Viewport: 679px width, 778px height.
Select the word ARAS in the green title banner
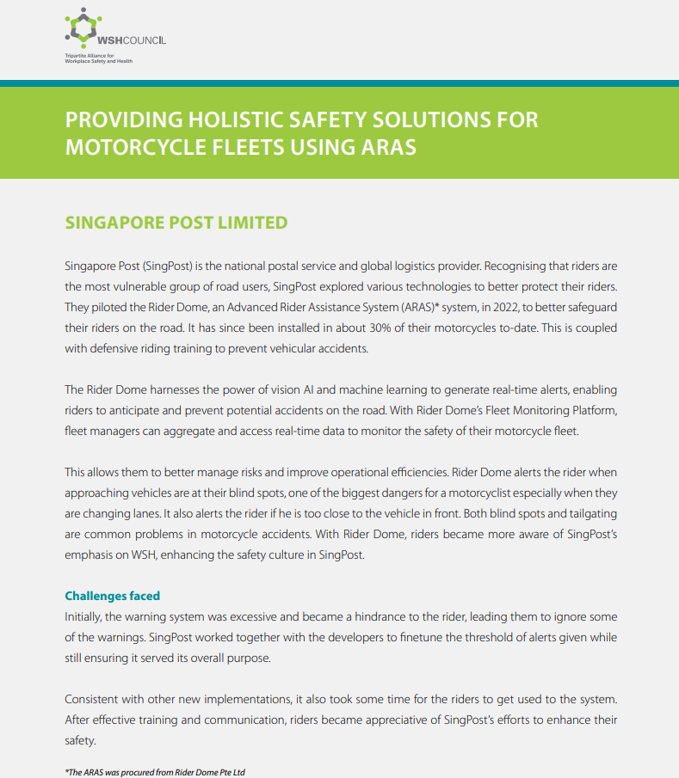coord(384,147)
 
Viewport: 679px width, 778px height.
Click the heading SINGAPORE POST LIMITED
coord(176,223)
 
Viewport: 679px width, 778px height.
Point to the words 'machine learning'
coord(364,390)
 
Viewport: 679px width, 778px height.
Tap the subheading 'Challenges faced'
coord(113,596)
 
